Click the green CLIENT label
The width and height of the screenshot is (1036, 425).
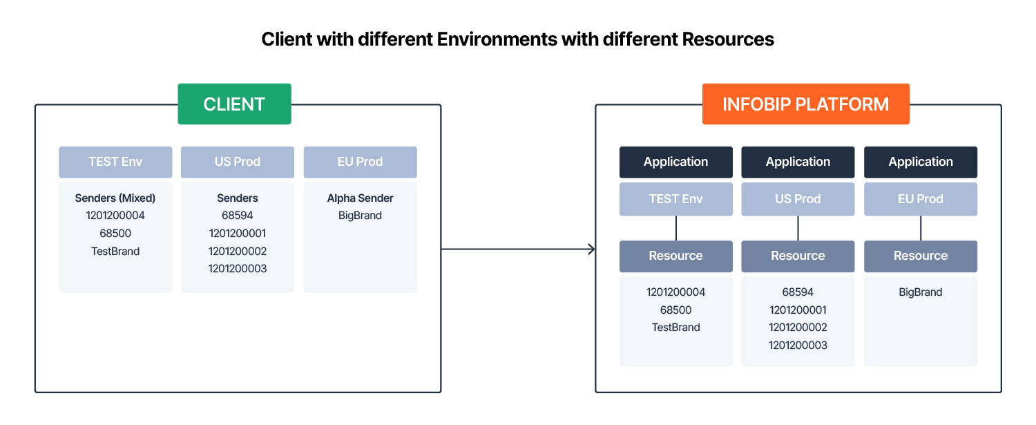pos(235,104)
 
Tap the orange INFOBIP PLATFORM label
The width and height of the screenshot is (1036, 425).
pos(806,104)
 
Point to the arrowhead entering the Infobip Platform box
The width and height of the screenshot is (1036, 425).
pos(592,249)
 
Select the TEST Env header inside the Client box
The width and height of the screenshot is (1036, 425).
pos(115,162)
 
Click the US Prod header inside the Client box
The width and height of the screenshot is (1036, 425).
pos(238,162)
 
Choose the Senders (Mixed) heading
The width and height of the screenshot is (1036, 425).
pos(115,198)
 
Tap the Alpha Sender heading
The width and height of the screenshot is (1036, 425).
pos(361,198)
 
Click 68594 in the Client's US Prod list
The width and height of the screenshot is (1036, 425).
pos(238,216)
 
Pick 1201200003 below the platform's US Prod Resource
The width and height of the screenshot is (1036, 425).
pos(798,345)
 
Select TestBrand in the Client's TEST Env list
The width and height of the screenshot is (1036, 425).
pos(115,251)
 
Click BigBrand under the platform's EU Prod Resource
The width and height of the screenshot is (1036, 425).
pos(921,292)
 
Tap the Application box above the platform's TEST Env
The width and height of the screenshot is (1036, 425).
pos(676,162)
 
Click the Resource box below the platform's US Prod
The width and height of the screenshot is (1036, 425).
pos(798,256)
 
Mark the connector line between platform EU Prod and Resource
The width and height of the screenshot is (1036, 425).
pos(921,228)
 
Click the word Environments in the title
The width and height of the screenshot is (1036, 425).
pos(497,39)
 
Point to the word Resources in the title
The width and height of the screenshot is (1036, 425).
pos(728,39)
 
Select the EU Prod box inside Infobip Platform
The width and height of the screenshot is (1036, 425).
pos(921,199)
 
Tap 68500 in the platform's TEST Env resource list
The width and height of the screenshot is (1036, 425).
pos(675,310)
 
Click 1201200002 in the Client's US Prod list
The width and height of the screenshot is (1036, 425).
pos(238,251)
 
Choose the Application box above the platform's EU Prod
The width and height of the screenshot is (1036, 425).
pos(921,162)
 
